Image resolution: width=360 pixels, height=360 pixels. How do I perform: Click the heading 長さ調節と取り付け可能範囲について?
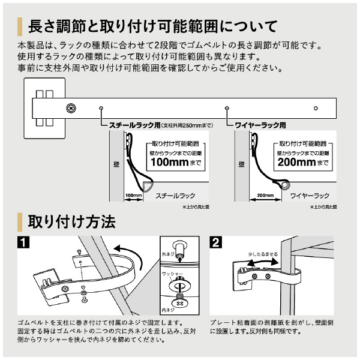point(152,26)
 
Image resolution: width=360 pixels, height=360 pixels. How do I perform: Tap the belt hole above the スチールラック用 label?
point(101,109)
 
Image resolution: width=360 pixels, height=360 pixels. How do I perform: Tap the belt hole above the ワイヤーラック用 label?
point(227,109)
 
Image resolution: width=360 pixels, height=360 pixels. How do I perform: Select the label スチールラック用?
point(134,126)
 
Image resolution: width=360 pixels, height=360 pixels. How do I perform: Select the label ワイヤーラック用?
point(259,126)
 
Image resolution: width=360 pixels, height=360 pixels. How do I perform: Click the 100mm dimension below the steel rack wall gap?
point(133,196)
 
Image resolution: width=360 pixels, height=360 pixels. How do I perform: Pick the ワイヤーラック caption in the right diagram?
point(310,196)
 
